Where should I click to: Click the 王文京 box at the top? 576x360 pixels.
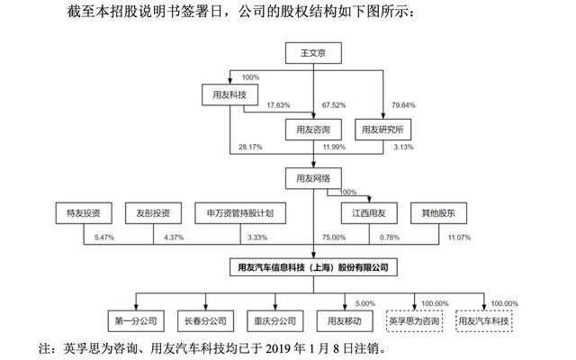tap(313, 53)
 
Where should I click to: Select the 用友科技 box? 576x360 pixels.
tap(229, 94)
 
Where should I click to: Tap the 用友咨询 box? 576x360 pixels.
tap(313, 130)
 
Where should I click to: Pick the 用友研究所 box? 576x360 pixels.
tap(382, 130)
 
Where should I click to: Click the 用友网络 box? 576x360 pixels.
tap(313, 178)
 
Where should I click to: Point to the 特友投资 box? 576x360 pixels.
tap(84, 213)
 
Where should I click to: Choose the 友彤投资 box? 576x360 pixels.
tap(153, 213)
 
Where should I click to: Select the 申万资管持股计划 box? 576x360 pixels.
tap(240, 213)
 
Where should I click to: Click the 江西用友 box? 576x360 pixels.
tap(369, 213)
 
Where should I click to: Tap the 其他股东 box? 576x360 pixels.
tap(438, 213)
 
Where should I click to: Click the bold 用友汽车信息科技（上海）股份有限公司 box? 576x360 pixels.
tap(313, 267)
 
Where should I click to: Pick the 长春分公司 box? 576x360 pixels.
tap(206, 321)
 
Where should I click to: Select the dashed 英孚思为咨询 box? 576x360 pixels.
tap(414, 321)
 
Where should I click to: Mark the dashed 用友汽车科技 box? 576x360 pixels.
tap(484, 321)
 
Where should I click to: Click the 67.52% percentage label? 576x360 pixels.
tap(334, 105)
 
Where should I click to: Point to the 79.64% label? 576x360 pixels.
tap(403, 105)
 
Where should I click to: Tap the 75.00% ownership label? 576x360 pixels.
tap(334, 238)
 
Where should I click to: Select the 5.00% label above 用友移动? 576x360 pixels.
tap(365, 303)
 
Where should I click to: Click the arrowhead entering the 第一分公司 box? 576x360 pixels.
tap(136, 307)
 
